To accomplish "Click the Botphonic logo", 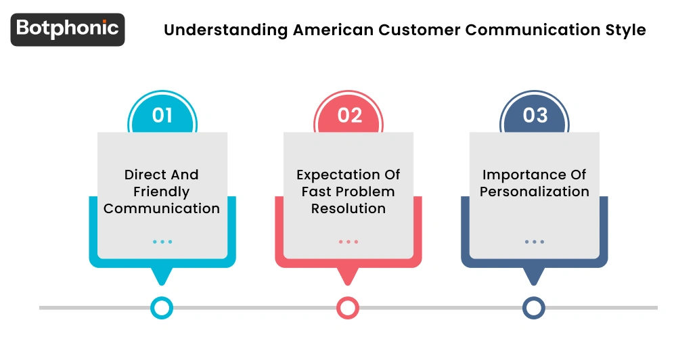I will (68, 29).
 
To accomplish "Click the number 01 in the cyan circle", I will (162, 116).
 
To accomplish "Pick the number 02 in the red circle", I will (348, 116).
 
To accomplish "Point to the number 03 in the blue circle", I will (535, 116).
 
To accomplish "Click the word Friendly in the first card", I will (162, 192).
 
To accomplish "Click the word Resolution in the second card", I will (348, 208).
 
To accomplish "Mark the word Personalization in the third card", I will (535, 192).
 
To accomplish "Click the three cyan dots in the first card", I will (162, 242).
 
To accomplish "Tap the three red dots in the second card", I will (348, 242).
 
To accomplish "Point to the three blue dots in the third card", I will (535, 242).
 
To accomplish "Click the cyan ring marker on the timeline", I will (162, 308).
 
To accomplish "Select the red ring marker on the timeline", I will (348, 308).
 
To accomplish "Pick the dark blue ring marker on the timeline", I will (534, 308).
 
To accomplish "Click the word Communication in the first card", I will (162, 208).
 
